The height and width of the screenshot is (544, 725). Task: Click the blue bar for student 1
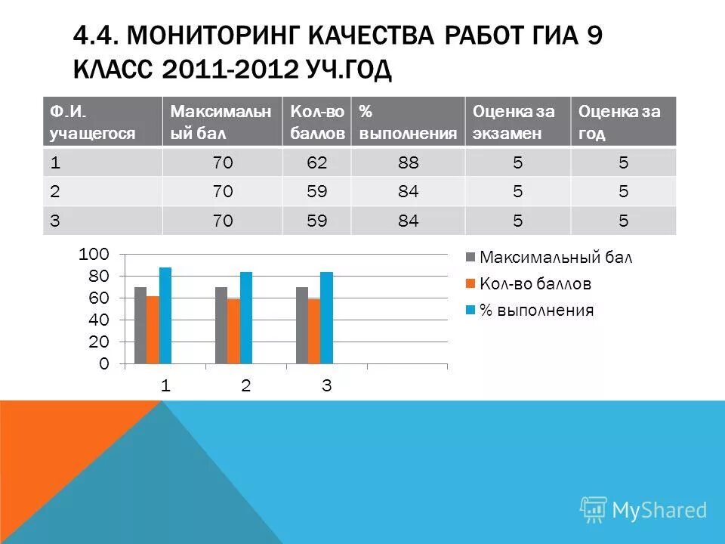(165, 316)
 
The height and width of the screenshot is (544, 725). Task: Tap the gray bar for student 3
(302, 325)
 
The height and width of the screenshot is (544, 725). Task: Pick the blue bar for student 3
(326, 318)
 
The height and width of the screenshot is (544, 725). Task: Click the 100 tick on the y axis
(94, 254)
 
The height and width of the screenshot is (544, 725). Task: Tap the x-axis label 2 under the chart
(245, 385)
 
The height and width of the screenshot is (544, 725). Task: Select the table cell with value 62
(317, 162)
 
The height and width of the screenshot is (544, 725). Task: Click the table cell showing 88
(409, 162)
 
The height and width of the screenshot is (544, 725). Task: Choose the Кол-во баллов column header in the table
(317, 122)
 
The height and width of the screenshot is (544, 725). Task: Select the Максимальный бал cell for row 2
(223, 192)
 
